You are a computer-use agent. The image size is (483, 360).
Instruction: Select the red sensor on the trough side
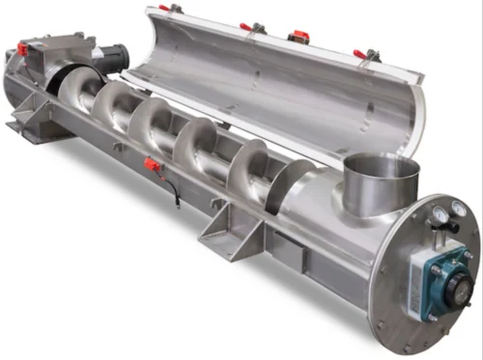(152, 164)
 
